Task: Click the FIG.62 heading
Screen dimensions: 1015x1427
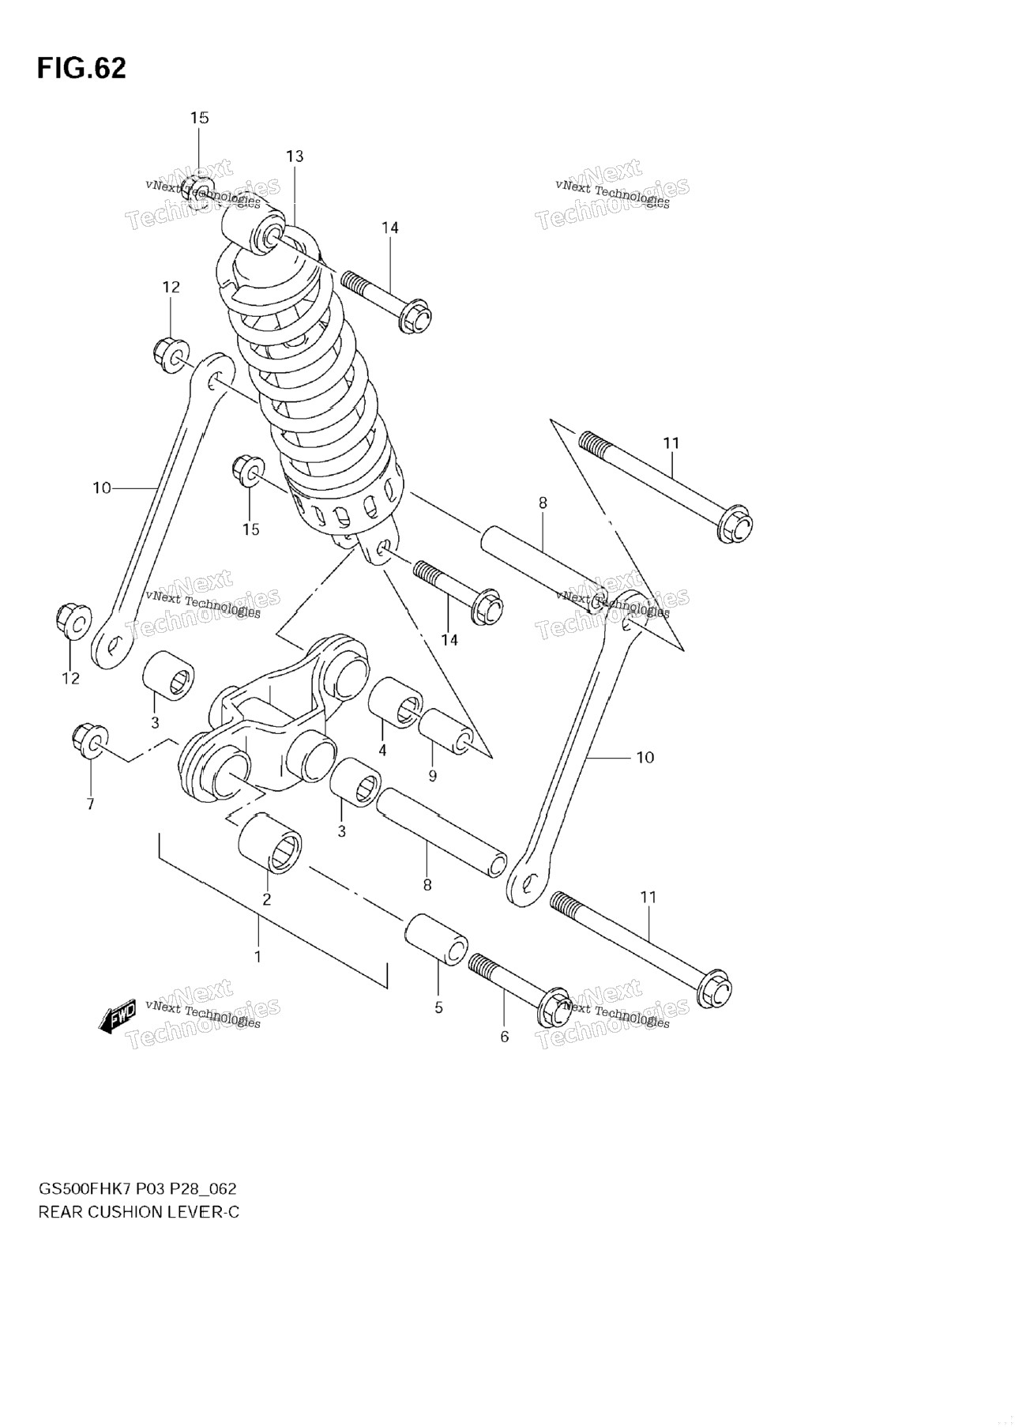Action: tap(81, 68)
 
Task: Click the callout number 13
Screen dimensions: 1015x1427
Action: tap(295, 156)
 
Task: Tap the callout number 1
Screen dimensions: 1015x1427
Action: tap(258, 957)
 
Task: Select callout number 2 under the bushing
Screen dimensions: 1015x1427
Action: tap(267, 899)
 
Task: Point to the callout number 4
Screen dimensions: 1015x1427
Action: tap(382, 751)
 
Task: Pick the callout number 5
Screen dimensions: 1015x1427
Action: tap(438, 1007)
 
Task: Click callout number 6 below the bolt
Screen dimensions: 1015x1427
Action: tap(505, 1037)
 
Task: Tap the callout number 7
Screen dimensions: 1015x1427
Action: tap(90, 804)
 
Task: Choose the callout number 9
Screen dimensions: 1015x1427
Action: tap(432, 776)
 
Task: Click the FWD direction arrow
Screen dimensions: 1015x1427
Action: tap(117, 1016)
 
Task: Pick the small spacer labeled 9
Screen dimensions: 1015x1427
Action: tap(446, 731)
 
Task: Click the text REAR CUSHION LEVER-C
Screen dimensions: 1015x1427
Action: tap(138, 1212)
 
